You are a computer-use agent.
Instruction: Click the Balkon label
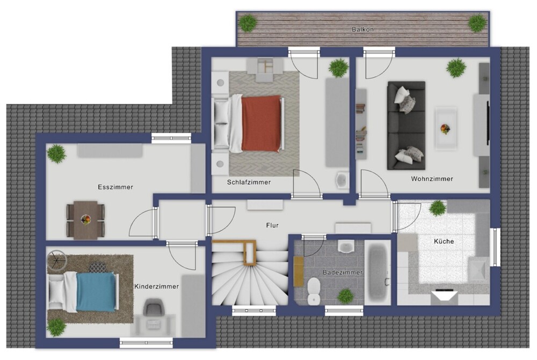click(362, 30)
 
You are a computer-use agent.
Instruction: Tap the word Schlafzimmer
click(249, 182)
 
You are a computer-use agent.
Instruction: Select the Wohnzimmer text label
click(432, 179)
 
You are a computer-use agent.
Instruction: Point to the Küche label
click(444, 241)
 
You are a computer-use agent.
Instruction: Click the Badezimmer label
click(343, 273)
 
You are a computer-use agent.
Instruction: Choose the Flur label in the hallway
click(272, 225)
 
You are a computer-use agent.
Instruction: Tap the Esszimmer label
click(115, 187)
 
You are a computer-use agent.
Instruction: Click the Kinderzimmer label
click(156, 286)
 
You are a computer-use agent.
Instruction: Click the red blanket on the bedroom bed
click(262, 123)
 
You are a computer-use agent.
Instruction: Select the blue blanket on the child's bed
click(96, 292)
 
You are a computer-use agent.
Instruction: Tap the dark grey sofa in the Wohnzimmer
click(406, 126)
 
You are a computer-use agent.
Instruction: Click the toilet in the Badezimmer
click(314, 291)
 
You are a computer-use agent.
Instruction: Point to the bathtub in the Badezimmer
click(377, 272)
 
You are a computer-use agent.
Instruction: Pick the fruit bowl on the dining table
click(85, 219)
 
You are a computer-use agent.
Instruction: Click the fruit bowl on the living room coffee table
click(445, 129)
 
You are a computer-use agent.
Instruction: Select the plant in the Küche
click(437, 208)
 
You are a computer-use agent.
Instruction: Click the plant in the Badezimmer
click(345, 296)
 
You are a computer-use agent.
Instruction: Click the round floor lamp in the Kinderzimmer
click(56, 259)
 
